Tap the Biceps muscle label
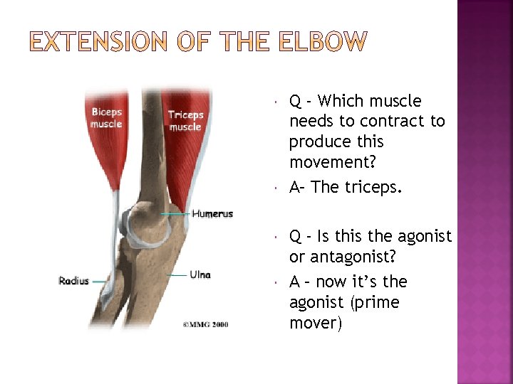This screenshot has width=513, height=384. (x=106, y=118)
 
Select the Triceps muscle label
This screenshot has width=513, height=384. (x=185, y=121)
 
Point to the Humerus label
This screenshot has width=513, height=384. (x=212, y=214)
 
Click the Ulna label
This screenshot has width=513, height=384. (x=200, y=274)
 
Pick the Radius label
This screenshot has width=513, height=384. (x=74, y=281)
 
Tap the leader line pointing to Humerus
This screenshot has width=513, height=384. (x=176, y=214)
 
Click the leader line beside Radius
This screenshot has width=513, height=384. (x=98, y=282)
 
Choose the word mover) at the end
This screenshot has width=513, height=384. (x=316, y=324)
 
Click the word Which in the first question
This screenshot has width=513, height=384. (x=345, y=101)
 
